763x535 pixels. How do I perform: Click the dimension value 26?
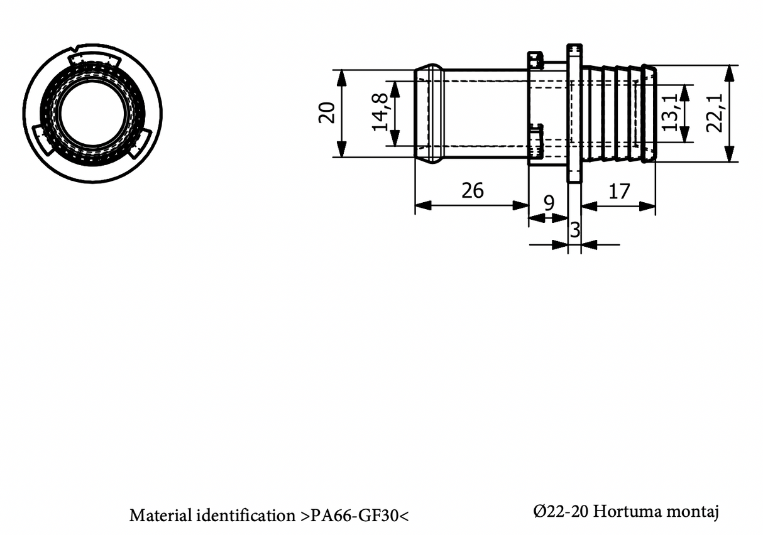click(x=473, y=190)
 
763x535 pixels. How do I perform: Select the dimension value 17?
click(x=619, y=191)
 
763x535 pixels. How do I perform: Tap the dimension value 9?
click(x=549, y=203)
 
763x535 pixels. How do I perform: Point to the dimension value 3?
click(x=574, y=230)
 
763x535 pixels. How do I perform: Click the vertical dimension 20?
click(x=327, y=112)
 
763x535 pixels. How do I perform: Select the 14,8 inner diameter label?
click(x=380, y=112)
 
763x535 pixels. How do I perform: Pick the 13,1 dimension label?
click(x=670, y=112)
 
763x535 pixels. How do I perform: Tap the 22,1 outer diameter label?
click(x=715, y=114)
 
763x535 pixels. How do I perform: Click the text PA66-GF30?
click(x=355, y=516)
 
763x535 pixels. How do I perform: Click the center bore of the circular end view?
click(x=92, y=114)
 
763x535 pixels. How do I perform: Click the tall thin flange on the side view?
click(x=574, y=114)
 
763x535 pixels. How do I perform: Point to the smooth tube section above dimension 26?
click(x=484, y=114)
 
